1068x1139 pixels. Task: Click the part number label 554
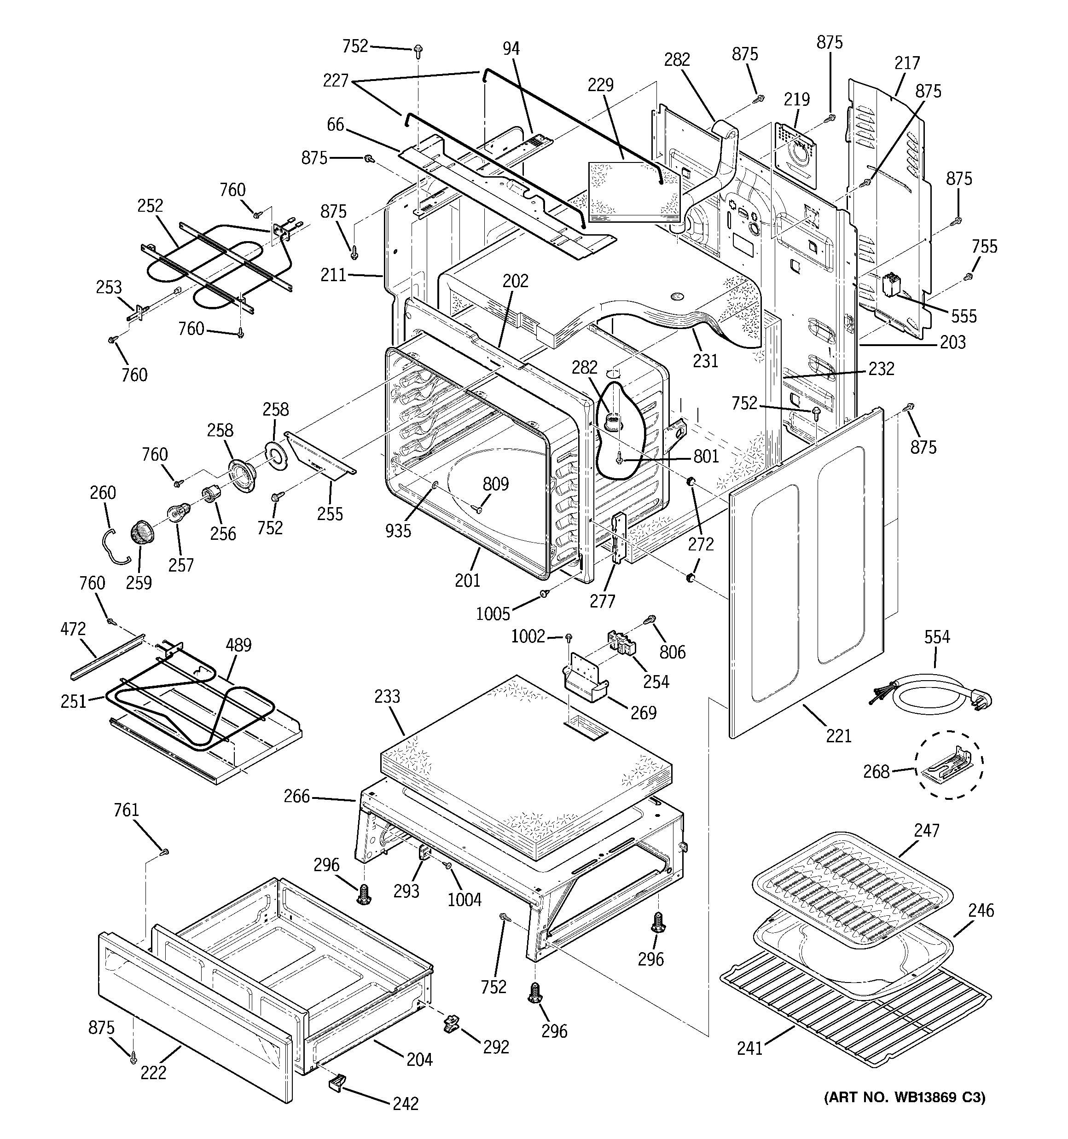[x=937, y=637]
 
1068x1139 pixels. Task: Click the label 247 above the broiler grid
[x=927, y=830]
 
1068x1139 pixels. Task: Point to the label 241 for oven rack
[x=750, y=1048]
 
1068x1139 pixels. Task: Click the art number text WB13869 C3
[x=905, y=1097]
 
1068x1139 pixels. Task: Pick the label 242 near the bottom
[x=405, y=1104]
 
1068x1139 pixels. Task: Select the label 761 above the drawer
[x=126, y=810]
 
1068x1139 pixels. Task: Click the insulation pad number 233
[x=387, y=697]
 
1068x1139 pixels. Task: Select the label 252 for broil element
[x=150, y=206]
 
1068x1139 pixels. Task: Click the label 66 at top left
[x=336, y=124]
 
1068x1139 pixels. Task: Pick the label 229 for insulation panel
[x=600, y=85]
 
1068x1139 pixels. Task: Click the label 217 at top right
[x=907, y=63]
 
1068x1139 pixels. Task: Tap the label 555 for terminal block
[x=964, y=316]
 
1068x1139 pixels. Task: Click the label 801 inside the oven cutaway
[x=706, y=456]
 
